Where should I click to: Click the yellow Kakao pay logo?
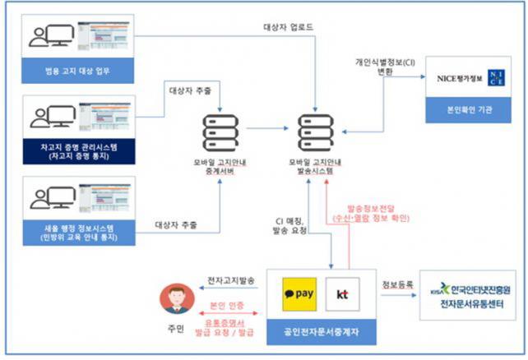(x=301, y=293)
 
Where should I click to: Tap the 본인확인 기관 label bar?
(x=472, y=108)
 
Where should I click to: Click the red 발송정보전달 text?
(x=366, y=209)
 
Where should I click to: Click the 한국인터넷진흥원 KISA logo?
(x=472, y=288)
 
